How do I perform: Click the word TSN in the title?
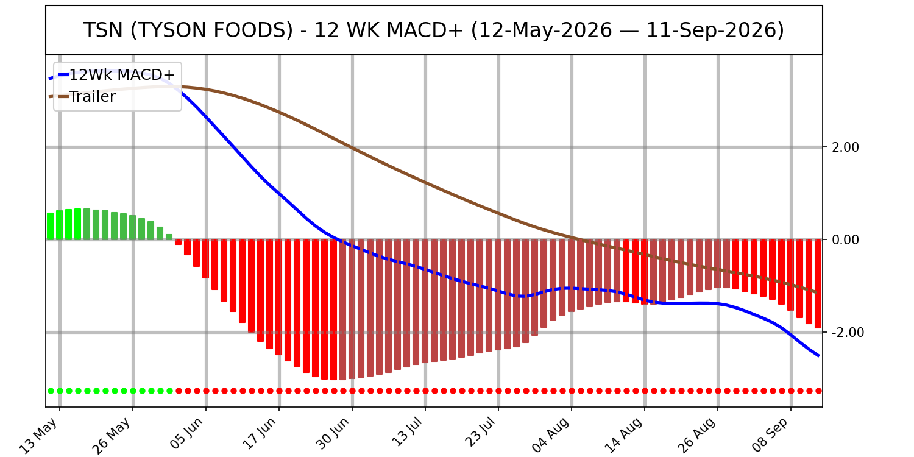[103, 30]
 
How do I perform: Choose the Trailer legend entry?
[92, 97]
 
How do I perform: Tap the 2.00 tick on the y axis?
[846, 147]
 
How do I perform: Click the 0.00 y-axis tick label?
[846, 240]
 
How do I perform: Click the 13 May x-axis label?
[39, 436]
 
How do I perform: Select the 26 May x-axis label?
[112, 436]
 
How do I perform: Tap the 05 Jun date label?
[186, 434]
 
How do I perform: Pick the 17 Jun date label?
[259, 434]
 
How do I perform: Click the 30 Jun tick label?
[333, 434]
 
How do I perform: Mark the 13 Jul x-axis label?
[406, 433]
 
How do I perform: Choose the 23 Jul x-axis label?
[480, 433]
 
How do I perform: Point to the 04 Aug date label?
[550, 435]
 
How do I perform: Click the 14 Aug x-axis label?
[623, 435]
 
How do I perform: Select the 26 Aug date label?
[696, 435]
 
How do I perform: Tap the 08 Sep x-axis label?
[770, 434]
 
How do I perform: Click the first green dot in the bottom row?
[51, 391]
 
